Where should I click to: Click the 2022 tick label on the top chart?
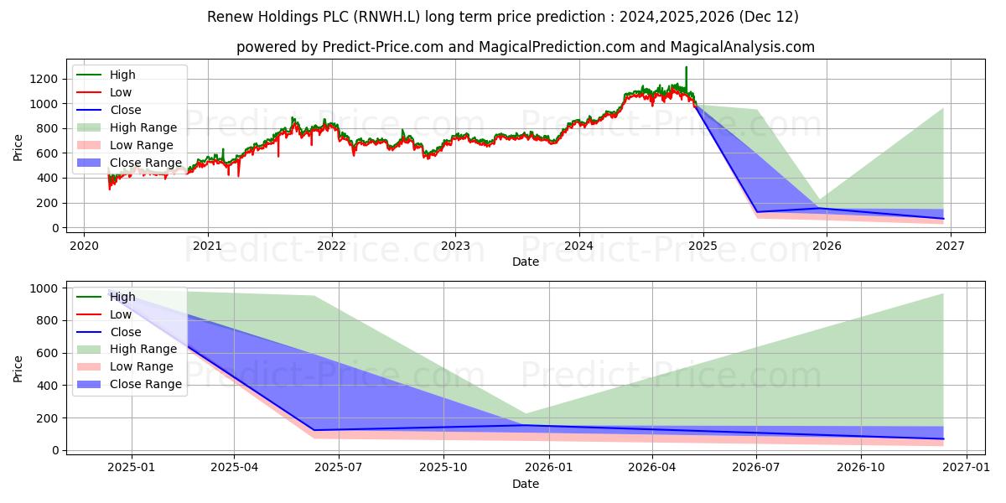click(331, 246)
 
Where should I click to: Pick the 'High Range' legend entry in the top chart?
click(143, 127)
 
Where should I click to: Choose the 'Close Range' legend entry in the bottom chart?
click(145, 384)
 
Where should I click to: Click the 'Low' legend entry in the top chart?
click(120, 92)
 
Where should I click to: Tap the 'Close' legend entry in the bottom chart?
click(125, 332)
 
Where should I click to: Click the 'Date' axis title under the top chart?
click(525, 262)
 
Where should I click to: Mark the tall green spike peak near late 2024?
click(686, 67)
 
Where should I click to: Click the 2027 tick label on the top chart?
click(950, 246)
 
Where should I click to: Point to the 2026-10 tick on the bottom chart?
click(861, 468)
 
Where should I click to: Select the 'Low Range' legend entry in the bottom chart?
click(142, 366)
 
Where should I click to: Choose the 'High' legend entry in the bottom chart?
click(122, 297)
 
